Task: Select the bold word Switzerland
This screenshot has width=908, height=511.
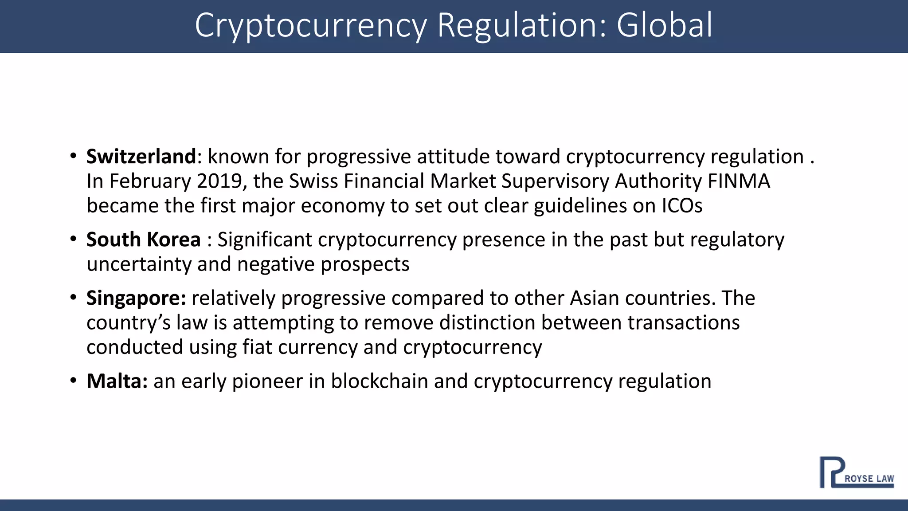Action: [141, 157]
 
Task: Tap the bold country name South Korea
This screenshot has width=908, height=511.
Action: [143, 240]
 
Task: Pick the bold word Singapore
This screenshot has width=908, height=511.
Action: [136, 298]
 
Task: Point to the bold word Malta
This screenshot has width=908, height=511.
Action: [117, 381]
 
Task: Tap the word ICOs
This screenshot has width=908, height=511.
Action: [682, 206]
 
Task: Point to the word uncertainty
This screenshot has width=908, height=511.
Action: [139, 264]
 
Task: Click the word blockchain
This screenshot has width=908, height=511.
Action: [379, 381]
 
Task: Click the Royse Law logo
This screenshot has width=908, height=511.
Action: [856, 472]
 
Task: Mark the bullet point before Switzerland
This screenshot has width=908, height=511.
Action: [73, 157]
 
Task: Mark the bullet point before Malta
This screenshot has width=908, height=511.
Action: [73, 381]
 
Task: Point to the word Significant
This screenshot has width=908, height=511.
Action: [265, 240]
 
